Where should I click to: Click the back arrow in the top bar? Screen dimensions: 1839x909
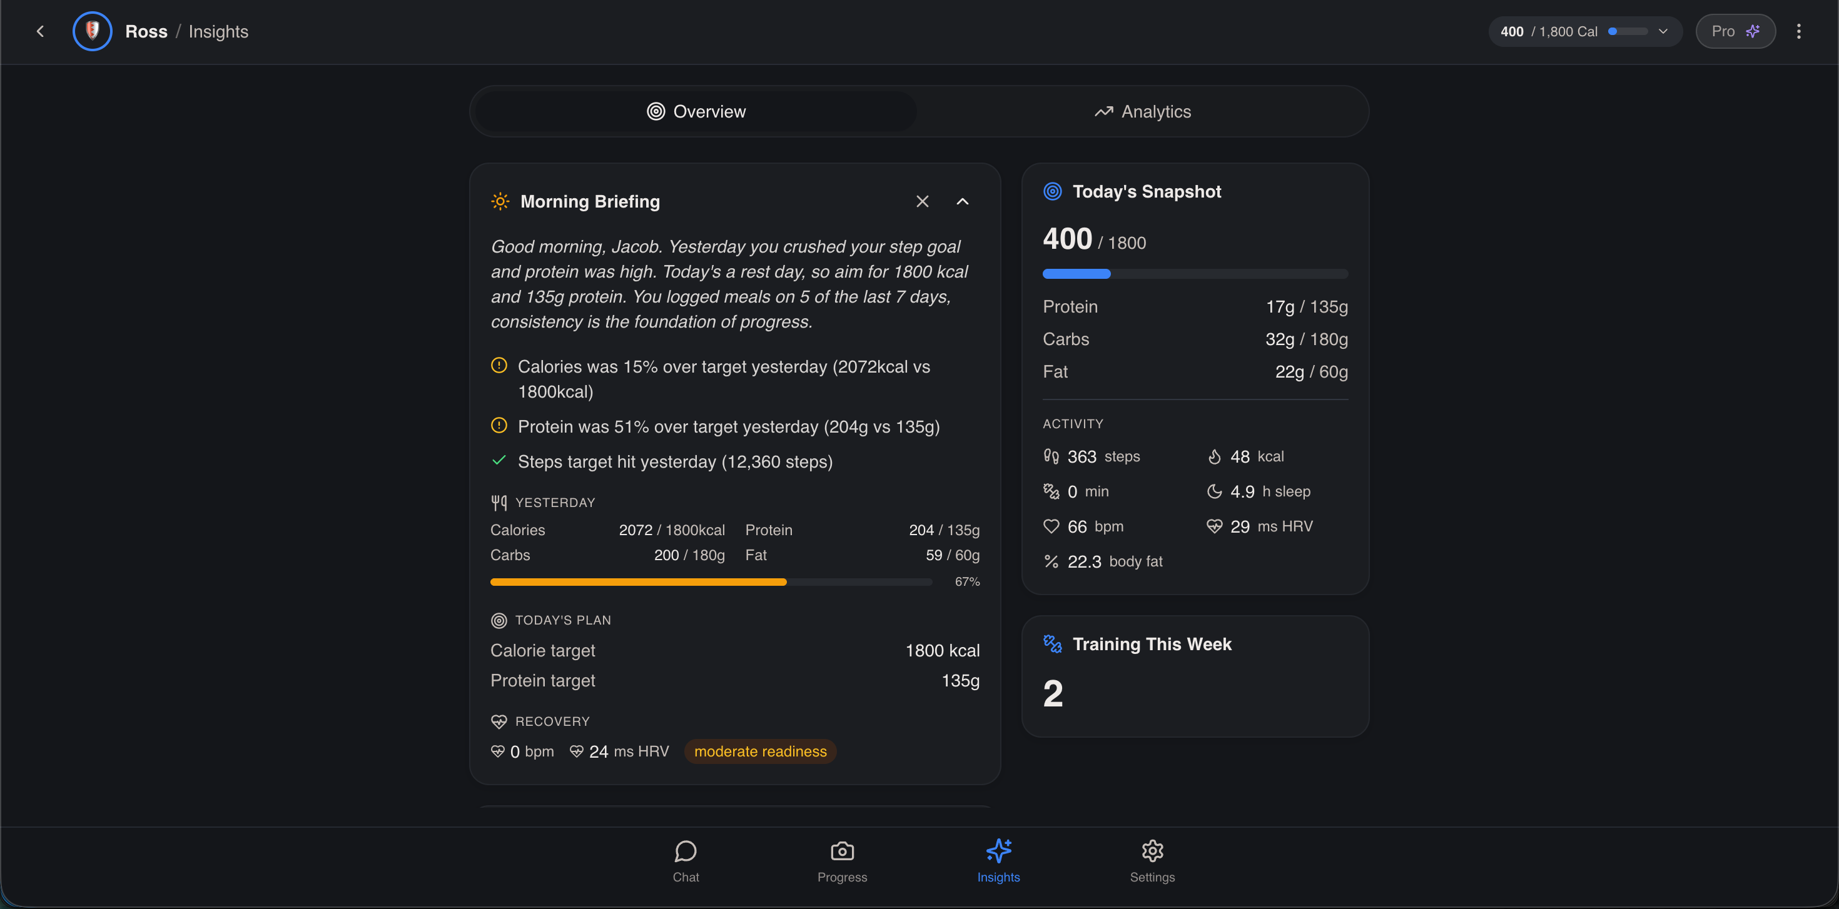[x=40, y=31]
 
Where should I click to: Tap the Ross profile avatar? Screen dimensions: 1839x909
[x=92, y=31]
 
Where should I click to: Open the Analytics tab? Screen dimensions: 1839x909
[x=1142, y=111]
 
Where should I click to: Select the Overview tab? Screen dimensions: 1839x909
[x=696, y=111]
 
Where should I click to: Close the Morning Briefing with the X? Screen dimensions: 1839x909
[x=923, y=201]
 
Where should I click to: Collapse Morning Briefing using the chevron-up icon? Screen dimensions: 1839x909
[x=962, y=201]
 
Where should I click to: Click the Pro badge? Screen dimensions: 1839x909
[x=1736, y=31]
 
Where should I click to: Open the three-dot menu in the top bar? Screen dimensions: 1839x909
[x=1798, y=31]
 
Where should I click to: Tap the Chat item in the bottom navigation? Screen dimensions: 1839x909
[x=686, y=861]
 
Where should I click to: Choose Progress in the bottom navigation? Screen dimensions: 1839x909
[x=843, y=861]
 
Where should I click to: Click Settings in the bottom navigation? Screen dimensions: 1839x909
[x=1152, y=861]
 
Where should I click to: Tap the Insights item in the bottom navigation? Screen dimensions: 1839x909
[x=998, y=861]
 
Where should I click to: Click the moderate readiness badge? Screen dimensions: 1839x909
[x=760, y=751]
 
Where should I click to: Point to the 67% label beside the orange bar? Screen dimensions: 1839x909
[x=967, y=581]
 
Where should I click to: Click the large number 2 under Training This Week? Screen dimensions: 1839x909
[x=1053, y=693]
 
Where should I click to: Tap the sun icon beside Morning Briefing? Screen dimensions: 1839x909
[x=500, y=201]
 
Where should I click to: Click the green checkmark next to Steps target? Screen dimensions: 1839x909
[x=499, y=460]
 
